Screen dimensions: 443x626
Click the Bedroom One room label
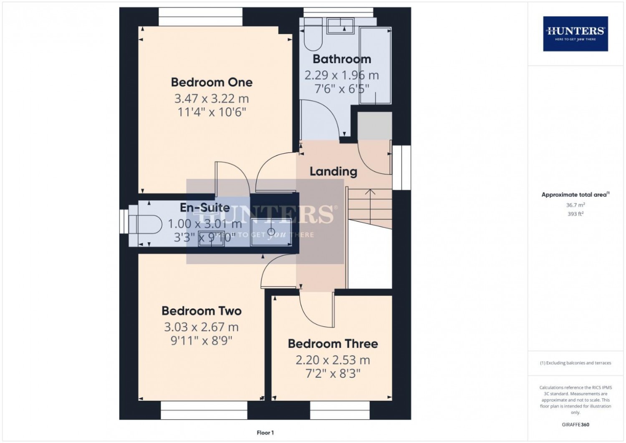[x=212, y=82]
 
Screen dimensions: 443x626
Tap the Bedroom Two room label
[x=202, y=311]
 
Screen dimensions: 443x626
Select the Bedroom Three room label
[x=333, y=344]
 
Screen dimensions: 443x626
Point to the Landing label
[x=333, y=171]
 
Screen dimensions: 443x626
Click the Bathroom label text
[x=342, y=59]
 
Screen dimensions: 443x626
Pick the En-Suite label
[x=204, y=208]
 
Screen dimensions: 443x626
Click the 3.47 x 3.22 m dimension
[x=212, y=99]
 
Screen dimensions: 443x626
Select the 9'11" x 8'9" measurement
[x=202, y=341]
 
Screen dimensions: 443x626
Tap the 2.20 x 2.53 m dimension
[x=333, y=360]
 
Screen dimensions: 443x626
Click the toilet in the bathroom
[x=313, y=38]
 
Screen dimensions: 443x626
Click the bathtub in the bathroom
[x=375, y=66]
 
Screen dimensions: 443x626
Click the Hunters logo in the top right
[x=575, y=34]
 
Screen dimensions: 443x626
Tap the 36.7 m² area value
[x=575, y=205]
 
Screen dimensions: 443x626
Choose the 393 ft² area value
[x=575, y=214]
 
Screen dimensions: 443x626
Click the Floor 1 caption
[x=265, y=433]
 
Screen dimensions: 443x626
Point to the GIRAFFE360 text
[x=575, y=425]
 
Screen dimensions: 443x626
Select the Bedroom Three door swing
[x=317, y=311]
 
